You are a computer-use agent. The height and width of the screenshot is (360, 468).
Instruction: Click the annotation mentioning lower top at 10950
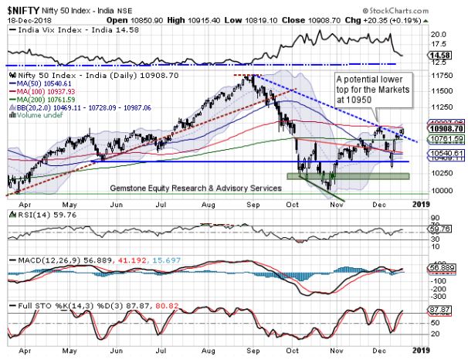click(x=371, y=90)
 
